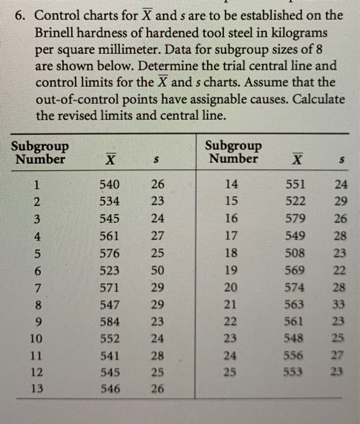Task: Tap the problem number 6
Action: click(20, 15)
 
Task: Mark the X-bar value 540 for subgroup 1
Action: click(111, 185)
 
